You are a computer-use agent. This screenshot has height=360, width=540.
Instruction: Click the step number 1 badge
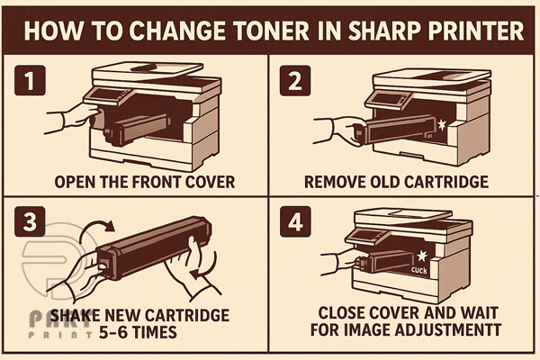coord(30,80)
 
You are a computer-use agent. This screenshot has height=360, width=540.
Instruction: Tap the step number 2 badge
coord(295,81)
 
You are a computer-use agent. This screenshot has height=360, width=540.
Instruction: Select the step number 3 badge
coord(30,221)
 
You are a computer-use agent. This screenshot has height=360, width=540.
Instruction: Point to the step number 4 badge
coord(295,221)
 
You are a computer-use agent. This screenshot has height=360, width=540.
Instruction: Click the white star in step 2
coord(441,125)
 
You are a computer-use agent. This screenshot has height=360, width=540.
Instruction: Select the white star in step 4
coord(422,256)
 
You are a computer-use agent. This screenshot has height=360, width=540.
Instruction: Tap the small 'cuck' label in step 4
coord(419,270)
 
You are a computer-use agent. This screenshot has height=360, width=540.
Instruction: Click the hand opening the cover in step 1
coord(73,118)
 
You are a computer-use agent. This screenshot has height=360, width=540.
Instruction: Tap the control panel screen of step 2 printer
coord(382,98)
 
